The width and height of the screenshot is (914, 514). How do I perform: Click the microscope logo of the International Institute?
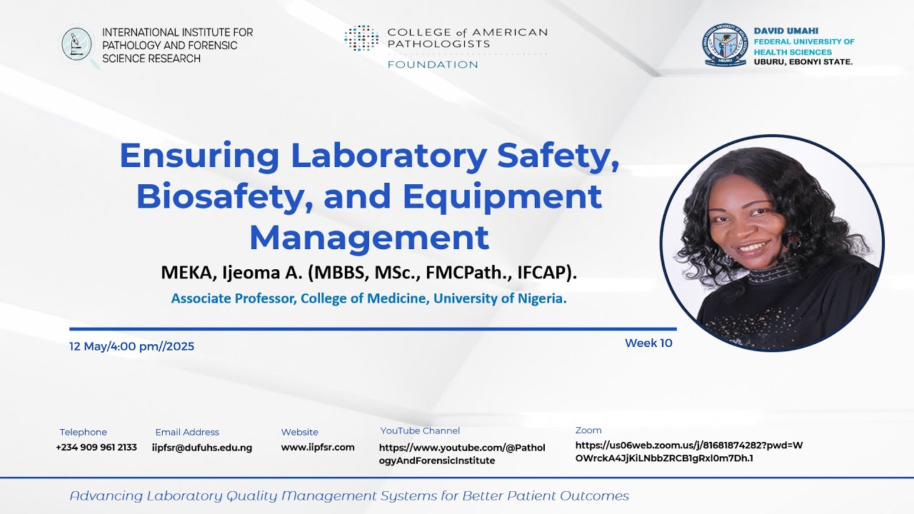coord(77,45)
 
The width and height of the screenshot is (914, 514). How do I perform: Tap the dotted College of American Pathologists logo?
coord(361,39)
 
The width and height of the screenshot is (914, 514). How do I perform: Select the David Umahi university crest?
coord(725,45)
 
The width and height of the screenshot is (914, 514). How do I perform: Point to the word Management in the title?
coord(369,237)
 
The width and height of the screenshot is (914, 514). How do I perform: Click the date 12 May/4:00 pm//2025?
coord(131,346)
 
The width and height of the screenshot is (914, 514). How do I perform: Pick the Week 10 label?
coord(648,343)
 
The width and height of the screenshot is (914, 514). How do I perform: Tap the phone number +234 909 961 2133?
coord(96,448)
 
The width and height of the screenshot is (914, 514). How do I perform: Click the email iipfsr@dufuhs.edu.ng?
coord(202,448)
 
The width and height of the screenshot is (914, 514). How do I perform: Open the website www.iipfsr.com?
coord(318,448)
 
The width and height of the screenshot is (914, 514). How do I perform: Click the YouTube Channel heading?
coord(420,430)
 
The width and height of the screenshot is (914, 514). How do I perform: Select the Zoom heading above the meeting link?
coord(588,430)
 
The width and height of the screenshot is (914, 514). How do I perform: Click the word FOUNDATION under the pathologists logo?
coord(433,65)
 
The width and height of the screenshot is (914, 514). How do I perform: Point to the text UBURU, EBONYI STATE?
coord(803,62)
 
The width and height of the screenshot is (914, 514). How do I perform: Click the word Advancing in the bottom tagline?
coord(105,495)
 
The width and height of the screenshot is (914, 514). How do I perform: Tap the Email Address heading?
coord(187,432)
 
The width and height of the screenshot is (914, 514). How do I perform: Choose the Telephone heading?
coord(83,432)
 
